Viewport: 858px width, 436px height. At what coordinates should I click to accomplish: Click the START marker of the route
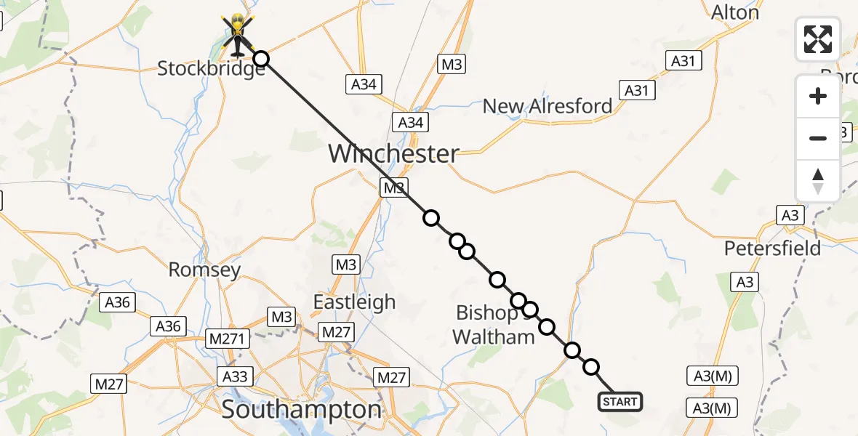(620, 401)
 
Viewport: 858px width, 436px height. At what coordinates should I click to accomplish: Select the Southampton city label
(301, 409)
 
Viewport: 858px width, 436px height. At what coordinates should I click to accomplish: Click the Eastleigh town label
(354, 302)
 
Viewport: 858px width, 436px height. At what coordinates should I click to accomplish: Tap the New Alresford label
(548, 106)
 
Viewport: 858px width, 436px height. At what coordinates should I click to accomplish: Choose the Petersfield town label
(772, 248)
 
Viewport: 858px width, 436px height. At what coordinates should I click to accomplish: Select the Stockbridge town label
(211, 70)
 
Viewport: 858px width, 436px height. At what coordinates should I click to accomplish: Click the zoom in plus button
(818, 96)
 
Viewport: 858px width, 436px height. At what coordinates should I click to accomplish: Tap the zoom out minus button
(818, 138)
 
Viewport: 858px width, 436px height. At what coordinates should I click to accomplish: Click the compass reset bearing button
(818, 180)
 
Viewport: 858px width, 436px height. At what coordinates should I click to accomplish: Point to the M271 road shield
(228, 338)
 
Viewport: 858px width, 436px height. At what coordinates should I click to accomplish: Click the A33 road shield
(234, 376)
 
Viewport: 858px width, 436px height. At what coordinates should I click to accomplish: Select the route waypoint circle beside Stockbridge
(260, 59)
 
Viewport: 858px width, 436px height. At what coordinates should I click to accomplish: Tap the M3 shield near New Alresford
(451, 65)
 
